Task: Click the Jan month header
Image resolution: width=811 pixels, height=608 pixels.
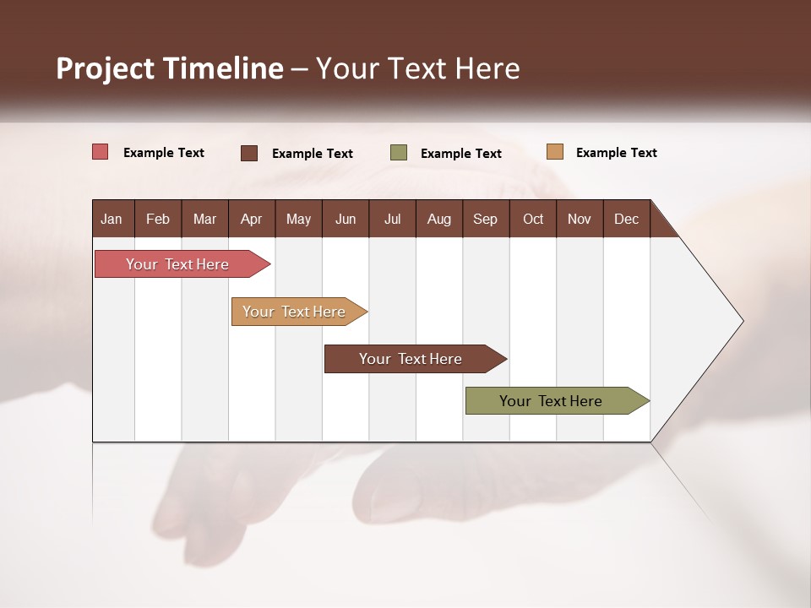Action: (112, 219)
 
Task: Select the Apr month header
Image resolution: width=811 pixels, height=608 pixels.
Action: (251, 219)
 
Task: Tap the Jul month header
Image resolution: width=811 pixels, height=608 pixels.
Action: (392, 219)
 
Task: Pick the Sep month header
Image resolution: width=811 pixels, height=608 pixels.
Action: (485, 219)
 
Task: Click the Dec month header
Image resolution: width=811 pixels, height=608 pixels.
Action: (626, 219)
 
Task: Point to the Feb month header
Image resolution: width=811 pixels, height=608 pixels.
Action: (158, 219)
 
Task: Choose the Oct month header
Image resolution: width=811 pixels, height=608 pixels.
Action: (533, 219)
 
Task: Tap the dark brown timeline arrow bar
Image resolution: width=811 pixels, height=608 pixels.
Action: (411, 359)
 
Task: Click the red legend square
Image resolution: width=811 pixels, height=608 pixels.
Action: (101, 152)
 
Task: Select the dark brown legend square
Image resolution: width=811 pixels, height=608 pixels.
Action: (249, 153)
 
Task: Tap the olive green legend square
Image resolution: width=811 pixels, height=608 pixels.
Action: (399, 153)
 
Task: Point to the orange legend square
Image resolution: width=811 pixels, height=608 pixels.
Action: (554, 152)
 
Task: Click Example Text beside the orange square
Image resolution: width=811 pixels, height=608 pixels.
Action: (616, 153)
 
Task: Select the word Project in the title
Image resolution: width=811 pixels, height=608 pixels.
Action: (106, 68)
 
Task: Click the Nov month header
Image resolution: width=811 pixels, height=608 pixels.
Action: (580, 219)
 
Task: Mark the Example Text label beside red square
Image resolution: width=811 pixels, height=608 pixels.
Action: (164, 153)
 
